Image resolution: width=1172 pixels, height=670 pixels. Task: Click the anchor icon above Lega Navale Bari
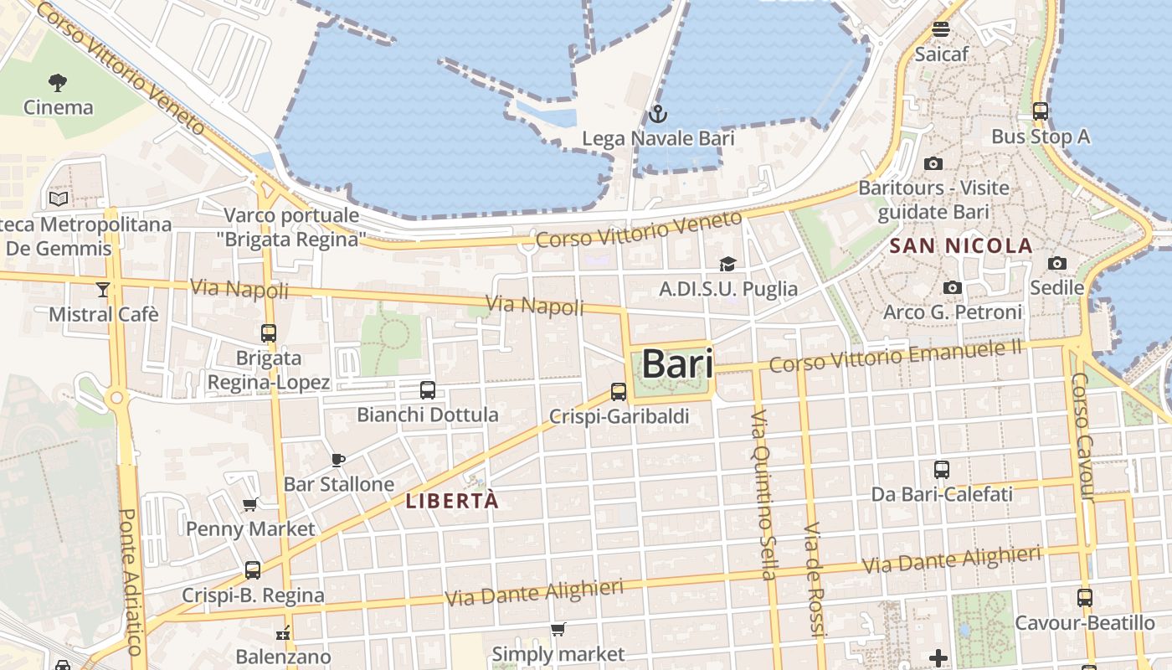(658, 113)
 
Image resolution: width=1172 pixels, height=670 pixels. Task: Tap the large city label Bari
(677, 364)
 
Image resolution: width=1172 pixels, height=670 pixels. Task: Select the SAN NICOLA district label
(961, 246)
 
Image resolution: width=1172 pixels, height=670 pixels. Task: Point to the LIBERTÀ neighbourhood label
(452, 502)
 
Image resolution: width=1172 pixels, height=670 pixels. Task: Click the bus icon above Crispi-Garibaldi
(619, 391)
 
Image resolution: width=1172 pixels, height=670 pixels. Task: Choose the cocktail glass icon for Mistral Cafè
(103, 290)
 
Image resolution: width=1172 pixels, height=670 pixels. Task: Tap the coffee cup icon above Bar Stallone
(338, 460)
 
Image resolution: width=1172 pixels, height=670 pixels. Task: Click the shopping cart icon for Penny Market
(249, 504)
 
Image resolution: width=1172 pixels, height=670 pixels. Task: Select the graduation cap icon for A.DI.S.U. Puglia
(727, 265)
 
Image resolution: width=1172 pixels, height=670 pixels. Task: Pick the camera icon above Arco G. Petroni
(952, 288)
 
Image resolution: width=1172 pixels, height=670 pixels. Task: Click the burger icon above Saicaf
(941, 29)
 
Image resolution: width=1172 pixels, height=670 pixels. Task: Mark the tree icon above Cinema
(58, 82)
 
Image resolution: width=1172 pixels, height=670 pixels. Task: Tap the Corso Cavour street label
(1082, 437)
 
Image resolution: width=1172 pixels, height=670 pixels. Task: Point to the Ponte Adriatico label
(131, 582)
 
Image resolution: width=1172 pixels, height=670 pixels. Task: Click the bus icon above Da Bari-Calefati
(942, 470)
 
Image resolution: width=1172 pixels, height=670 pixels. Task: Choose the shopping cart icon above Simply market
(558, 629)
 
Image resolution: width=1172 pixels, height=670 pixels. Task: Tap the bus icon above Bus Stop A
(1041, 111)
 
